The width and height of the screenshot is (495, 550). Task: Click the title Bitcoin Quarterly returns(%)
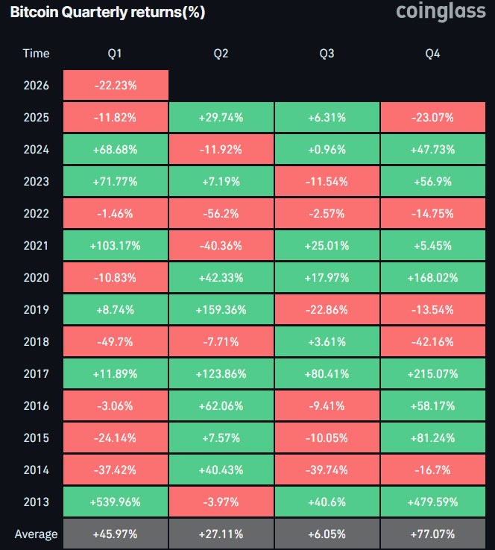[107, 13]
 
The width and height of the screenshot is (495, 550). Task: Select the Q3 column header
[327, 54]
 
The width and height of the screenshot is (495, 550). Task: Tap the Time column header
[36, 54]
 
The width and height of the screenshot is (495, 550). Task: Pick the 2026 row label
[36, 85]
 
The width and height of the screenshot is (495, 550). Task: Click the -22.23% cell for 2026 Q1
[116, 85]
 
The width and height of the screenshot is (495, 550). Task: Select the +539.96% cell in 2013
[116, 502]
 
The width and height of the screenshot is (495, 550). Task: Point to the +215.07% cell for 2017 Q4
[433, 373]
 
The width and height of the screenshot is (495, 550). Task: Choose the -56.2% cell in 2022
[221, 213]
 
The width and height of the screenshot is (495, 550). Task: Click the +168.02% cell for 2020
[433, 277]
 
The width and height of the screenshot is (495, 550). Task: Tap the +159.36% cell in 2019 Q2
[221, 309]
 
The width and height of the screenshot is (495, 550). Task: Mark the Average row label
[36, 534]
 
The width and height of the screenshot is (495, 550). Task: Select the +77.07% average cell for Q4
[433, 534]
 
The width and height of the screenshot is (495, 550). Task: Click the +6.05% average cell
[327, 534]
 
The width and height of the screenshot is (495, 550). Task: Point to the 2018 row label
[36, 341]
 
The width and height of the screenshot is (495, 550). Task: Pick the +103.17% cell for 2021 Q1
[116, 245]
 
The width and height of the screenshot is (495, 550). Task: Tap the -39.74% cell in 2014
[327, 470]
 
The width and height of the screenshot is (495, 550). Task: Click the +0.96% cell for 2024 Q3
[327, 149]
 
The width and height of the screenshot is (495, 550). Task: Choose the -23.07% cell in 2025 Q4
[433, 117]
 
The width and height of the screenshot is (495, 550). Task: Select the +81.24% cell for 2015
[433, 437]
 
